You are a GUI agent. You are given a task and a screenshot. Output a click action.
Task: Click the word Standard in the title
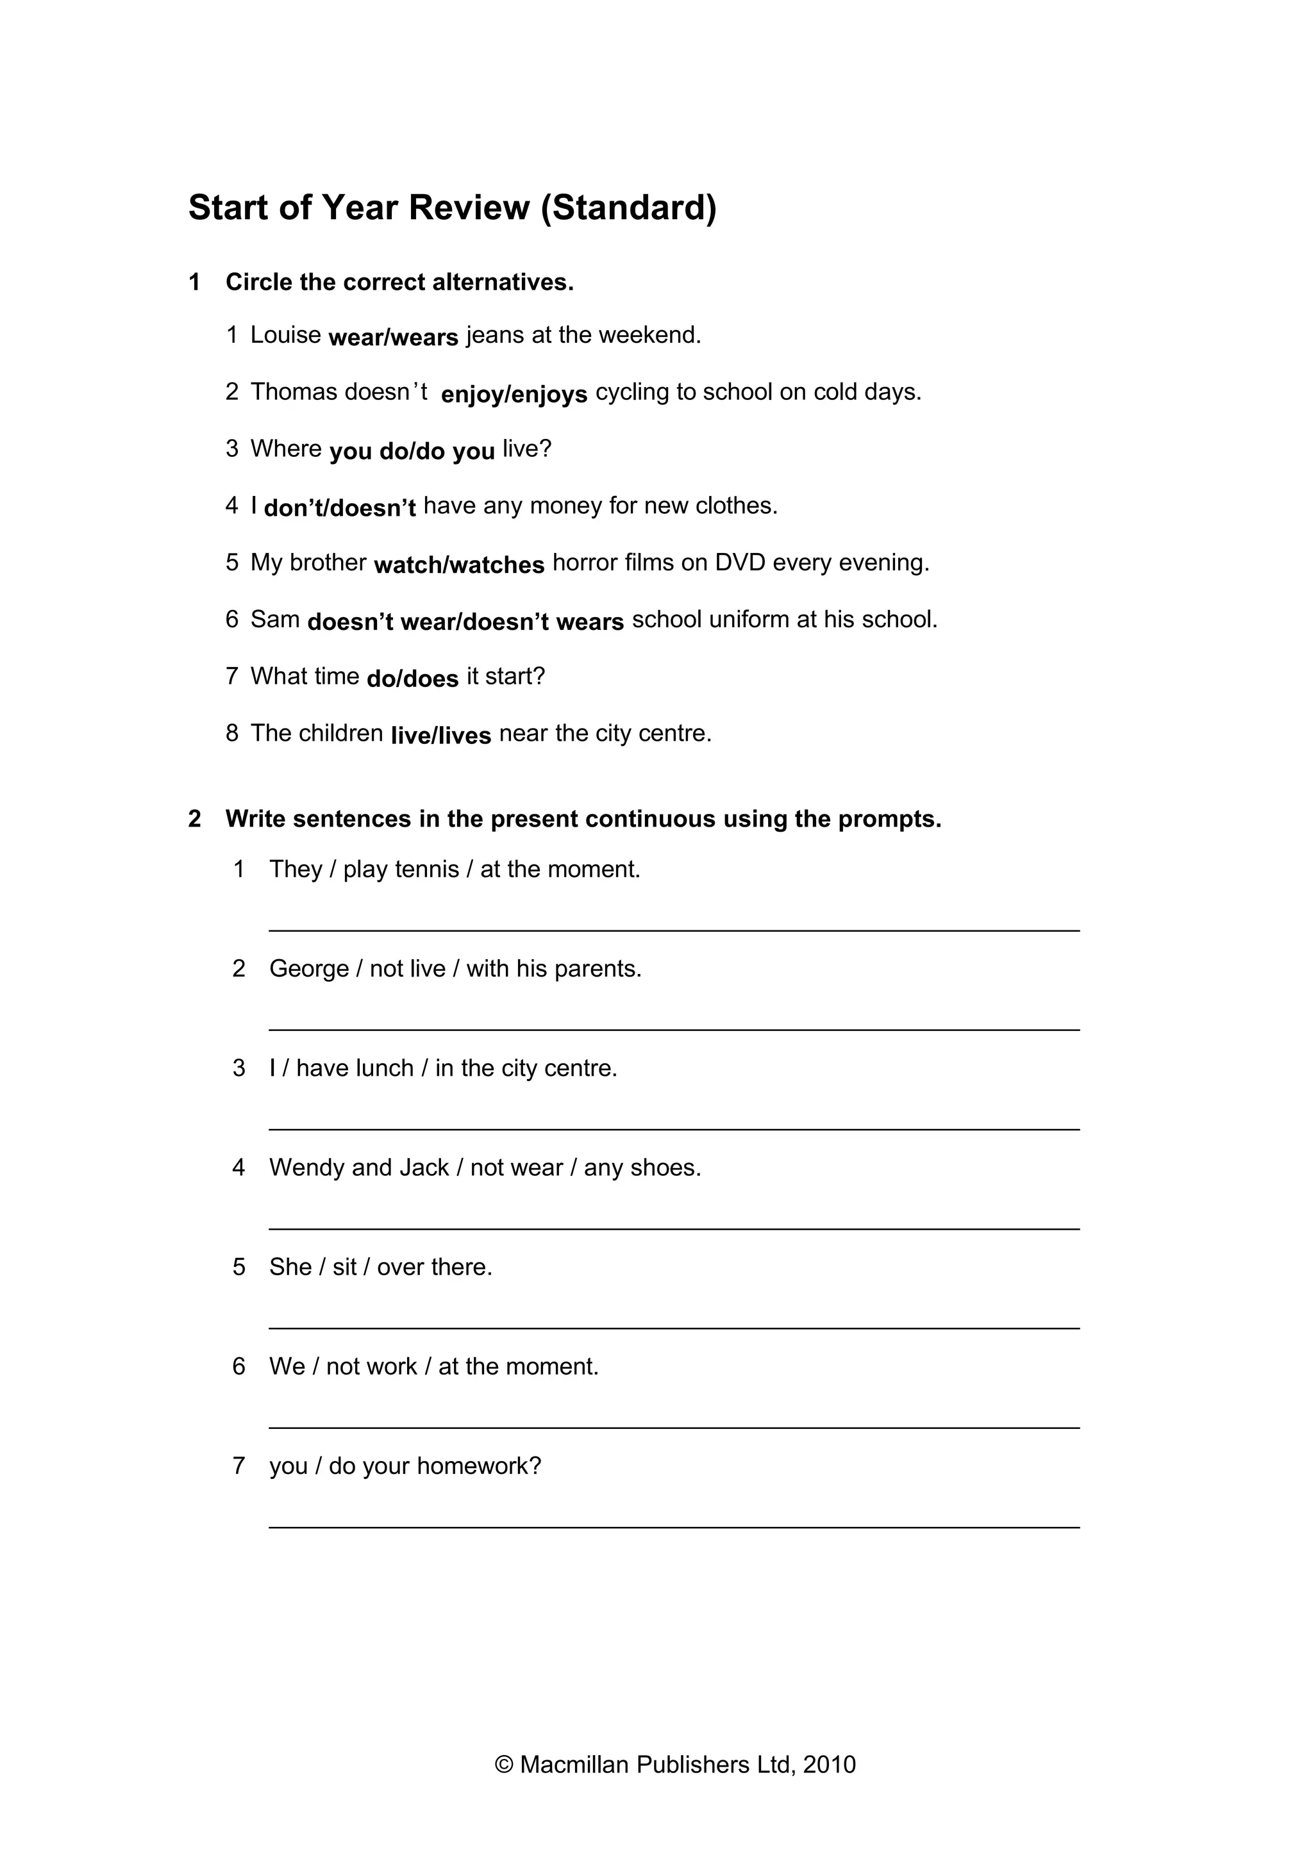coord(628,208)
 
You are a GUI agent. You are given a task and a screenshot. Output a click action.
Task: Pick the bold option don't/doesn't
coord(340,508)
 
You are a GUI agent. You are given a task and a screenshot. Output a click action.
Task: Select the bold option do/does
coord(413,679)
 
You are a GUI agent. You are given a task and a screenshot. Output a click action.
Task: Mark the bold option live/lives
coord(441,735)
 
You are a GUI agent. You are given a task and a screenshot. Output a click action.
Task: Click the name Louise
coord(285,335)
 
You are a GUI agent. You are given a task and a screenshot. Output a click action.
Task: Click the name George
coord(308,969)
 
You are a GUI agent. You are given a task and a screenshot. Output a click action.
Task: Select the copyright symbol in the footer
coord(504,1764)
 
